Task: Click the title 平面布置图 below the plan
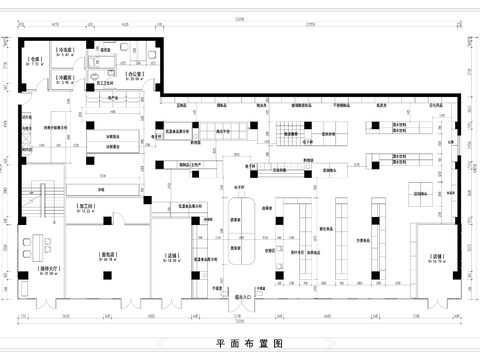(240, 342)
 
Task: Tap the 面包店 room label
(107, 256)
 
